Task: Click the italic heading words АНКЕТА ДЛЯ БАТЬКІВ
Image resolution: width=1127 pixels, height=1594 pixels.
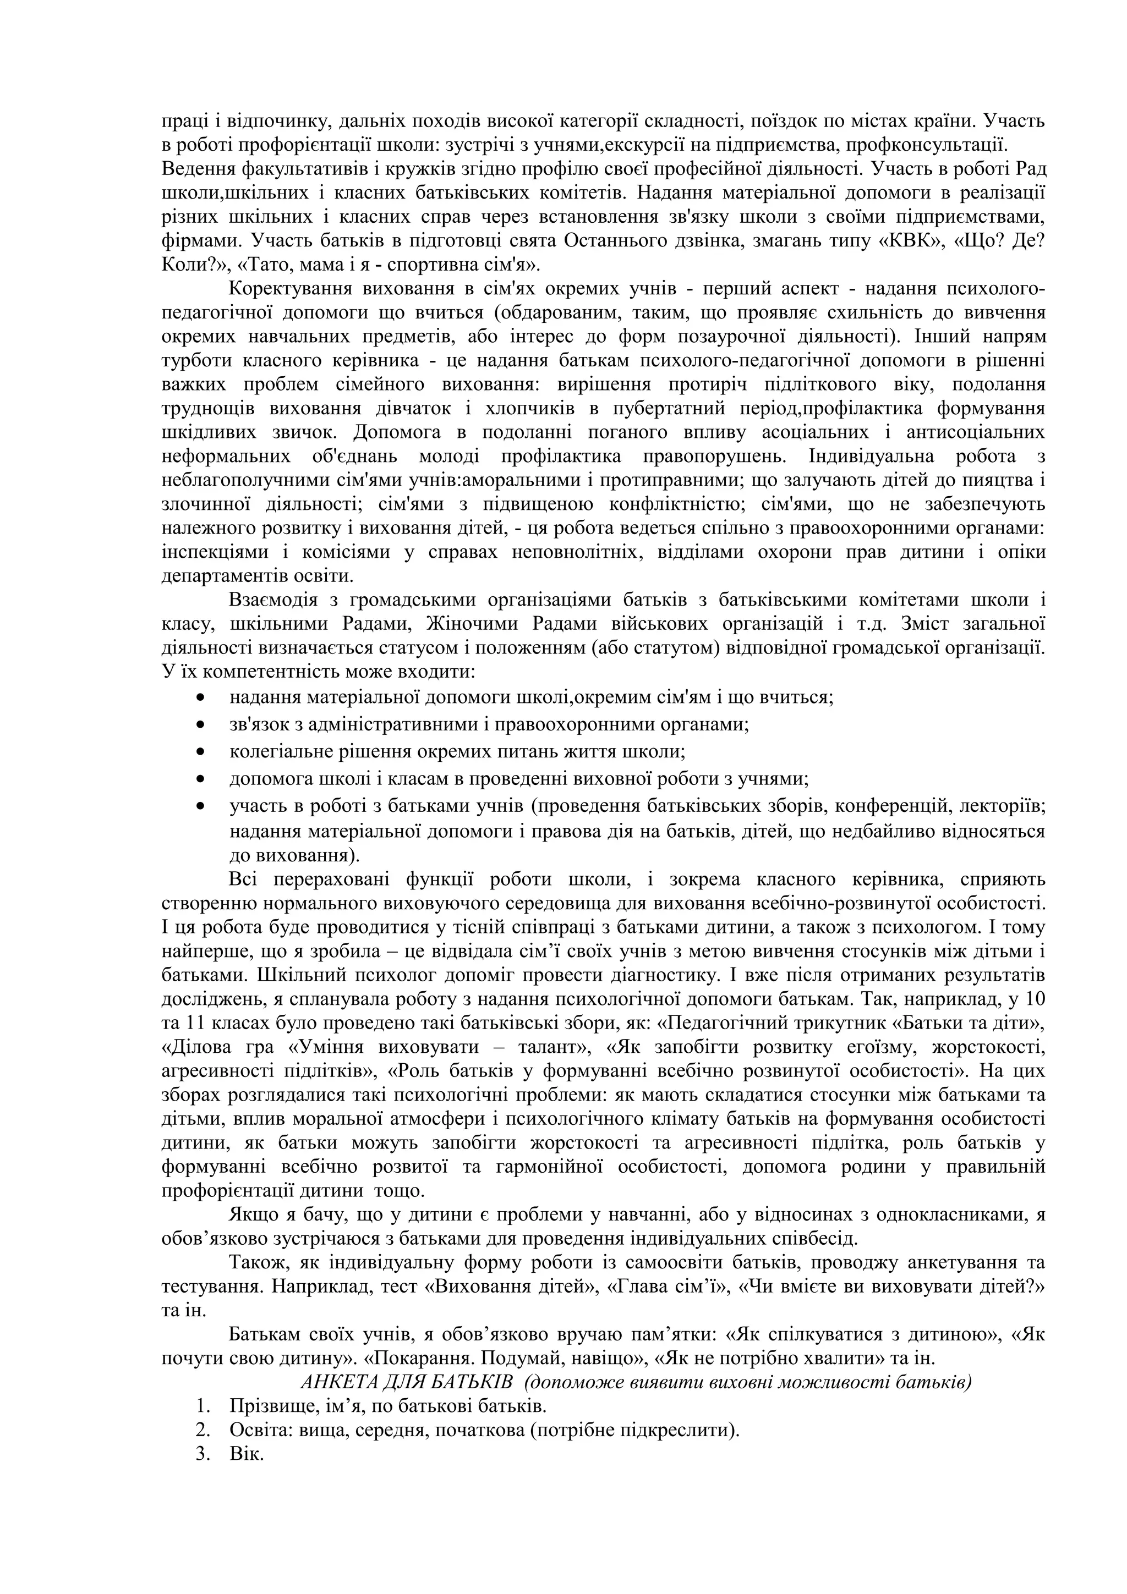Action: [406, 1382]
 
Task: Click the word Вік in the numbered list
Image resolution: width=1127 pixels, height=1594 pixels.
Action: [246, 1454]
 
